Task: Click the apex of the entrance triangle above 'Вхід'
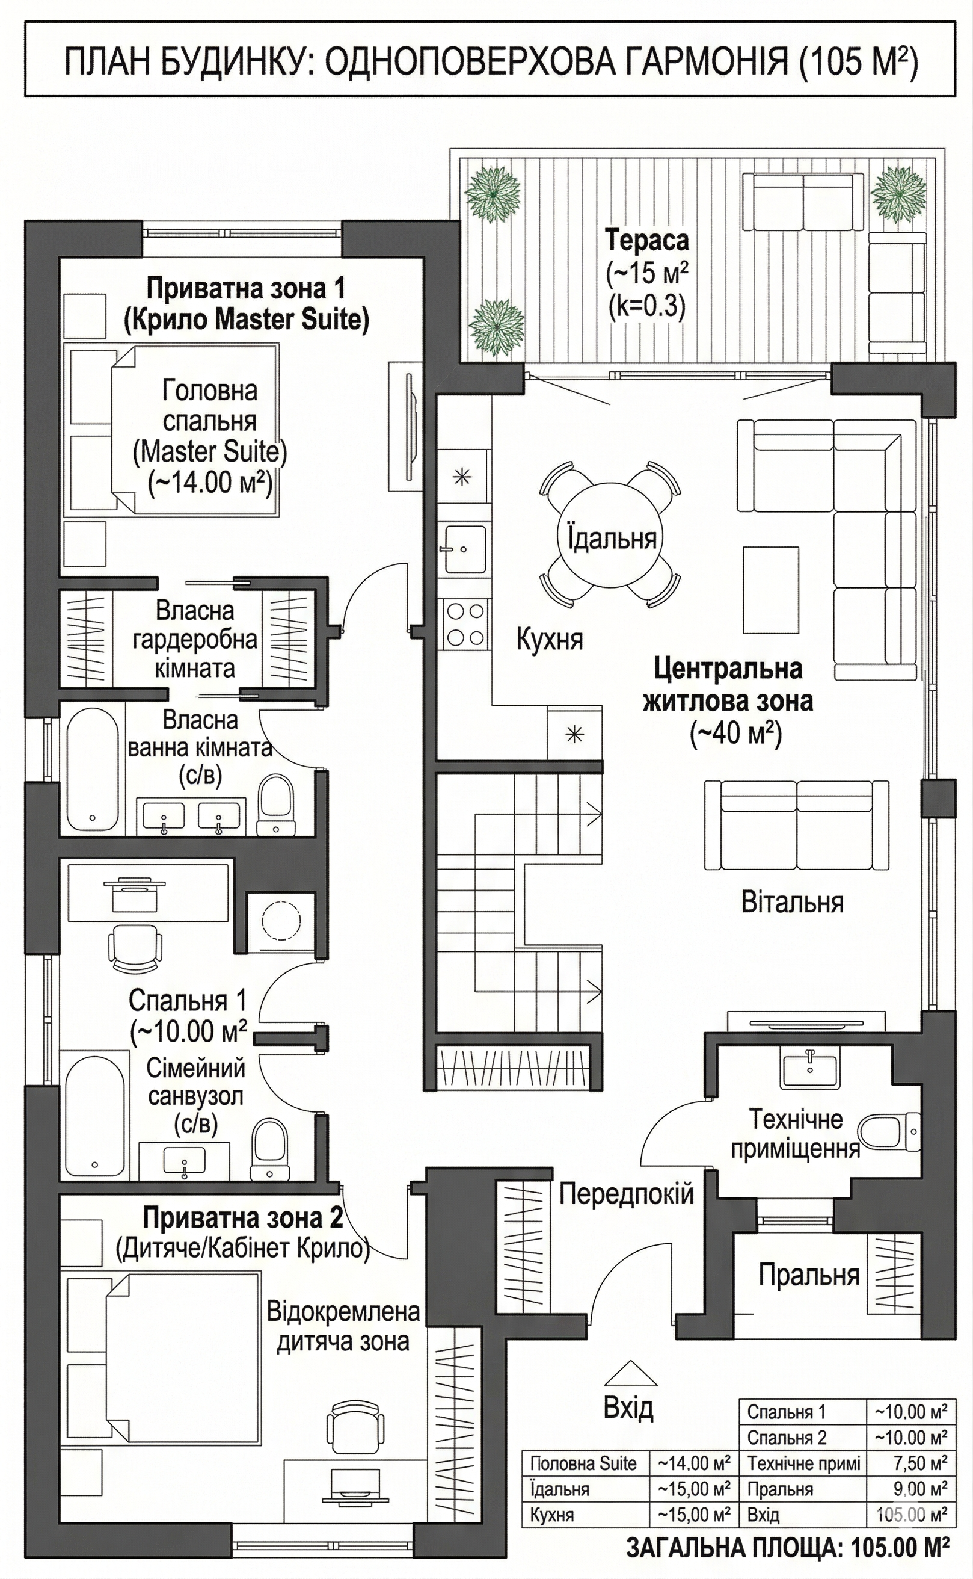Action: click(631, 1360)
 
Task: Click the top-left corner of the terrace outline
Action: click(450, 149)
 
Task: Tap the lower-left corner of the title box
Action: click(25, 96)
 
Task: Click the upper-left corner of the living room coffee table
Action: click(743, 548)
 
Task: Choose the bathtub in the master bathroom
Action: click(93, 770)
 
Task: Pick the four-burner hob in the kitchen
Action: click(465, 624)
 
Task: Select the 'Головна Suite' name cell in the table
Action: click(583, 1463)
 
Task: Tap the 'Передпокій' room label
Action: click(626, 1193)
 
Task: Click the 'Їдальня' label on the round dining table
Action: click(612, 537)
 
